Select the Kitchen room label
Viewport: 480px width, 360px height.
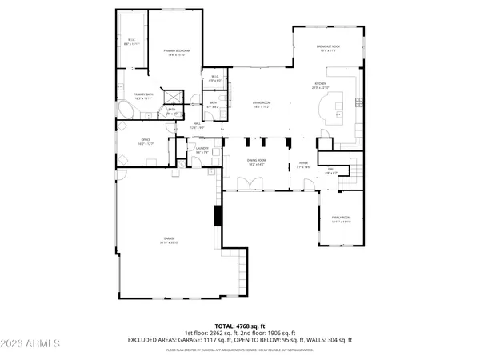tap(321, 86)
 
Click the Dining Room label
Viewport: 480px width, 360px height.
tap(256, 162)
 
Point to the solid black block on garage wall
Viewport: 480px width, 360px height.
tap(216, 217)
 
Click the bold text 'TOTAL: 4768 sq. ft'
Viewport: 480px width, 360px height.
tap(240, 326)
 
